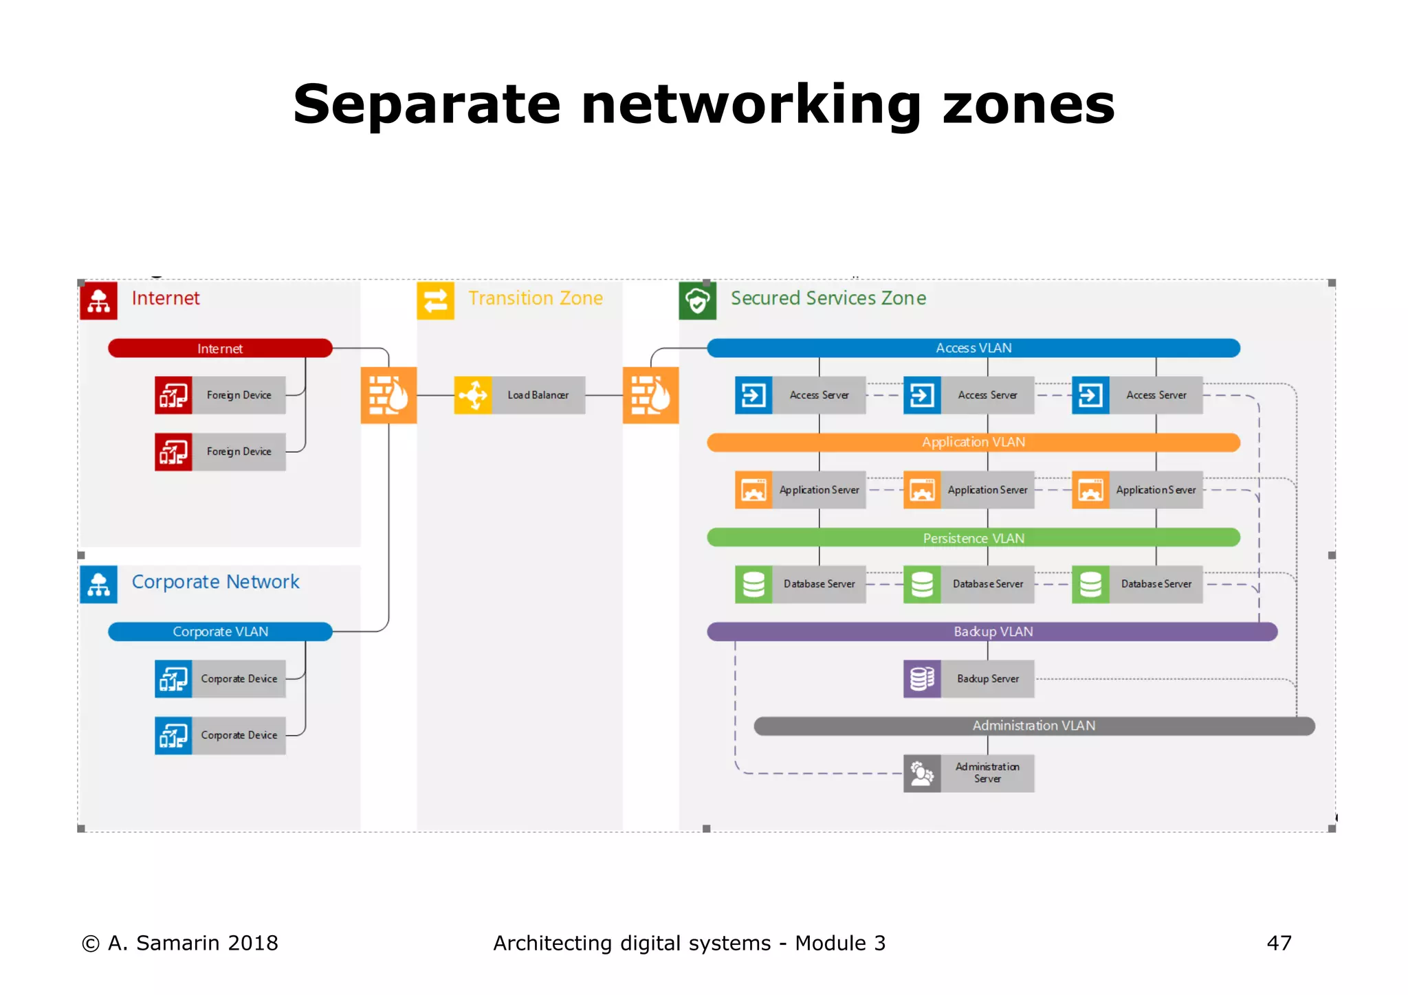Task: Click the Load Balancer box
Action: click(x=520, y=395)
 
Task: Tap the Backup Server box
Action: click(x=969, y=679)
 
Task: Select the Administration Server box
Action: click(x=969, y=773)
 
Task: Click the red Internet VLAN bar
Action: click(x=220, y=348)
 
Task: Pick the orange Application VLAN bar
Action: click(x=973, y=443)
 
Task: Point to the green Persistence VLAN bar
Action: click(x=973, y=538)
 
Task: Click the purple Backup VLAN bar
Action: click(x=992, y=631)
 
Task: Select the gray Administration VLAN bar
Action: click(x=1033, y=726)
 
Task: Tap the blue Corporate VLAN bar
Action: click(x=220, y=631)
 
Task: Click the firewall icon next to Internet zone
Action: click(x=388, y=395)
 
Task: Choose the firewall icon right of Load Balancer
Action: click(x=650, y=395)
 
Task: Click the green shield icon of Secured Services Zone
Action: click(x=697, y=300)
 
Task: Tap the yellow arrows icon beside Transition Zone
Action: click(x=435, y=300)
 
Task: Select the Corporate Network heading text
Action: click(x=215, y=582)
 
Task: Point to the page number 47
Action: click(x=1279, y=943)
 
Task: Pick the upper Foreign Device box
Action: click(x=220, y=395)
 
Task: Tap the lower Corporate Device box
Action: click(x=220, y=735)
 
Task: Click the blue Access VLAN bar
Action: click(x=973, y=348)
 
